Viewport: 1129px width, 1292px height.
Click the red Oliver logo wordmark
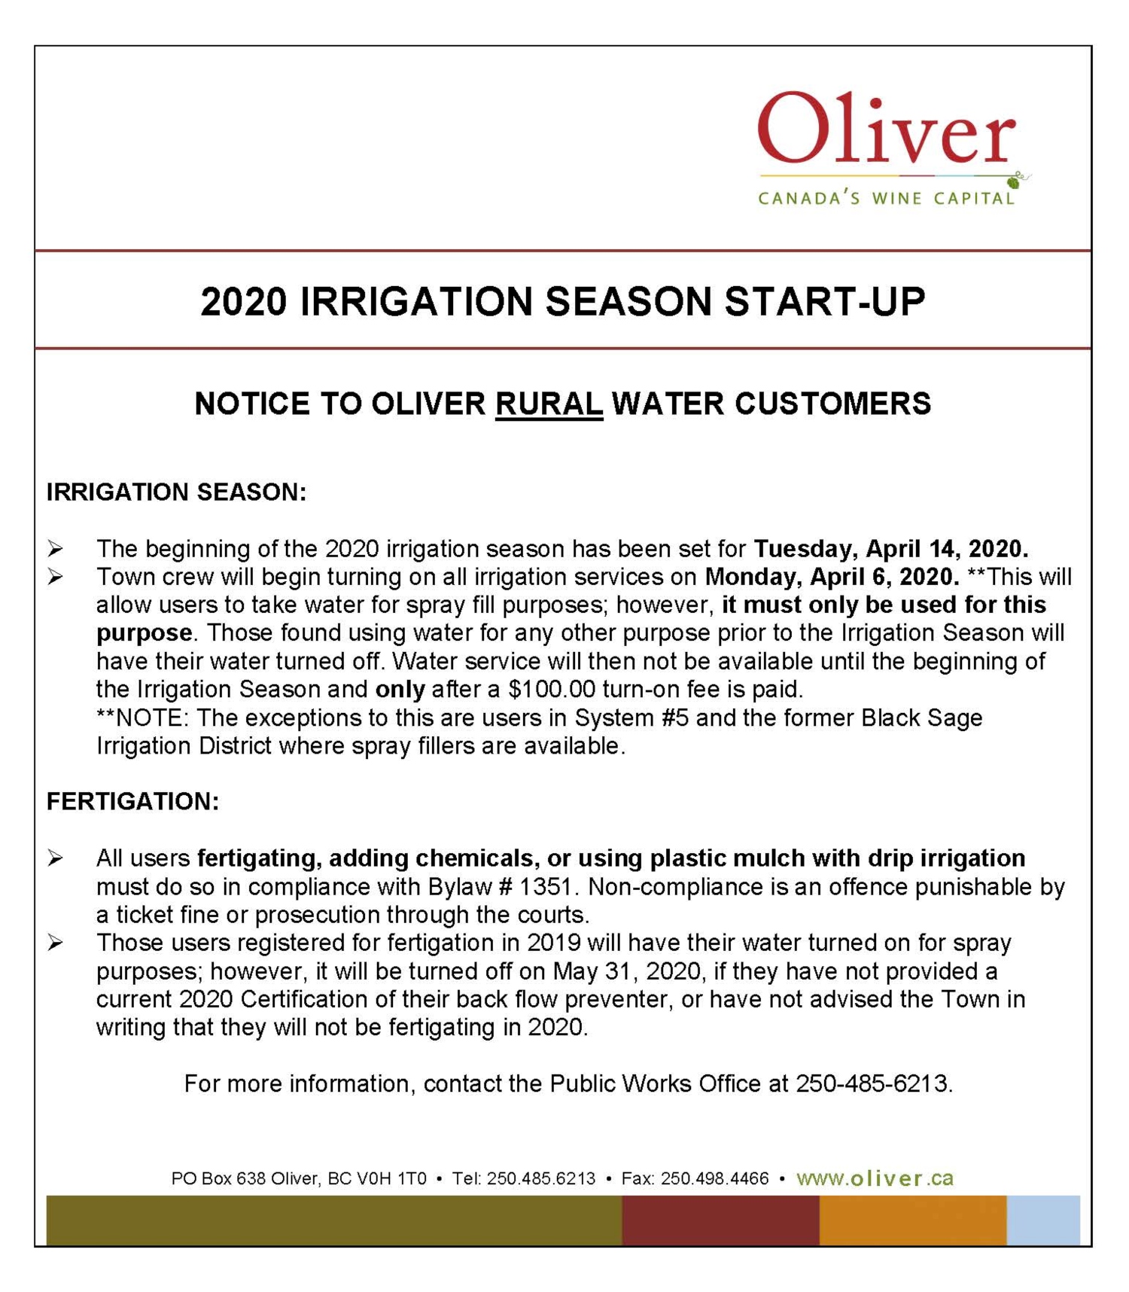886,130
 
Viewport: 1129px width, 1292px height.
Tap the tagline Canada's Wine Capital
886,199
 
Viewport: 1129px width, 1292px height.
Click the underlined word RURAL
549,404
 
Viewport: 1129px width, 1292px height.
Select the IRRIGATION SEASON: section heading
176,492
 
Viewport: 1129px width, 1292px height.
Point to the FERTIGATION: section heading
132,801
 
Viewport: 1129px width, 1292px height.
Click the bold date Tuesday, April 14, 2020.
890,548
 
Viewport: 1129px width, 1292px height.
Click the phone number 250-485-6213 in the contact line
873,1083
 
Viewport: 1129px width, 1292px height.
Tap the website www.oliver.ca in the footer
875,1178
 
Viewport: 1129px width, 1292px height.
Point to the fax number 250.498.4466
714,1179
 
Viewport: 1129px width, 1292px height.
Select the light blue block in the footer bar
1043,1220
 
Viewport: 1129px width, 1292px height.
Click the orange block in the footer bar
912,1220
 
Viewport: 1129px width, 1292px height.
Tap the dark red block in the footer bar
720,1220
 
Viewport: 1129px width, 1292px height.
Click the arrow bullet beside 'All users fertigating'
55,858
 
